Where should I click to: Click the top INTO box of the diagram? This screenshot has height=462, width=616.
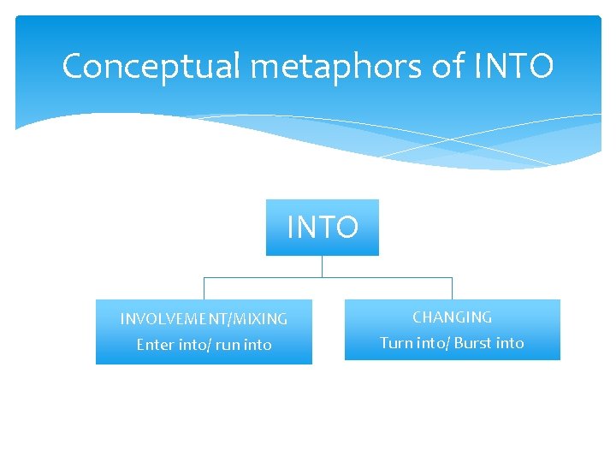pyautogui.click(x=322, y=228)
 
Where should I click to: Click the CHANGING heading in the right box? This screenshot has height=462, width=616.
pyautogui.click(x=452, y=317)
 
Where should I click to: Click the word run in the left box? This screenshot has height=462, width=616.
pyautogui.click(x=228, y=345)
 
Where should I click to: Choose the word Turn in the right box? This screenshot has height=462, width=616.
pyautogui.click(x=396, y=343)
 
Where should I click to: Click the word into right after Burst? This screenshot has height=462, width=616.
pyautogui.click(x=510, y=343)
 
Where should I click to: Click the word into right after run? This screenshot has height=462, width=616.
pyautogui.click(x=258, y=345)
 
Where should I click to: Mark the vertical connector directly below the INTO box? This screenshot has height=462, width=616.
pyautogui.click(x=322, y=266)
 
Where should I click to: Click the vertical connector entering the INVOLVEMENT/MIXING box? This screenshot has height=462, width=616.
pyautogui.click(x=204, y=288)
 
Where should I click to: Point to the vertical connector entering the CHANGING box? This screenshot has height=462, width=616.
pyautogui.click(x=452, y=288)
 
